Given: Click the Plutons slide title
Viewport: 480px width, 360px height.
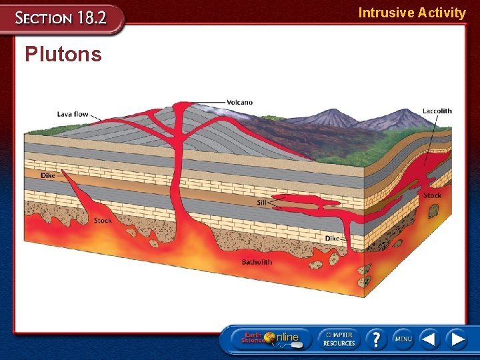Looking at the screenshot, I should click(63, 54).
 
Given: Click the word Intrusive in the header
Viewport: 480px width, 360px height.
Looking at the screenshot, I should click(385, 13).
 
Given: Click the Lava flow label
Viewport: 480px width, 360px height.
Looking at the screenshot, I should click(73, 114).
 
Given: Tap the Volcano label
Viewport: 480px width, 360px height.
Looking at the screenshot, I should click(239, 102).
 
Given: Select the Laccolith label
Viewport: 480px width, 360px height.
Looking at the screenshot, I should click(437, 111).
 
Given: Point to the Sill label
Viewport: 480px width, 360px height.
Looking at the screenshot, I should click(261, 203).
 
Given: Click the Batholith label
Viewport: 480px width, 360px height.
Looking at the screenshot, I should click(257, 262).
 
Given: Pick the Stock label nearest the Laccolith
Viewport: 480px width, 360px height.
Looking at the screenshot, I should click(433, 195).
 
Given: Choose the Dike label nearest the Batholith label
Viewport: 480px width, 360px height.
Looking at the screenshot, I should click(331, 238).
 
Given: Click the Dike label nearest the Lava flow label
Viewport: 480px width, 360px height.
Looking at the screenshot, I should click(47, 176).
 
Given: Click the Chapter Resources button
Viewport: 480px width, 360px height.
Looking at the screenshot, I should click(339, 339).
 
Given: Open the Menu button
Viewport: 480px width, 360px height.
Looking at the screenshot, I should click(403, 339).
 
